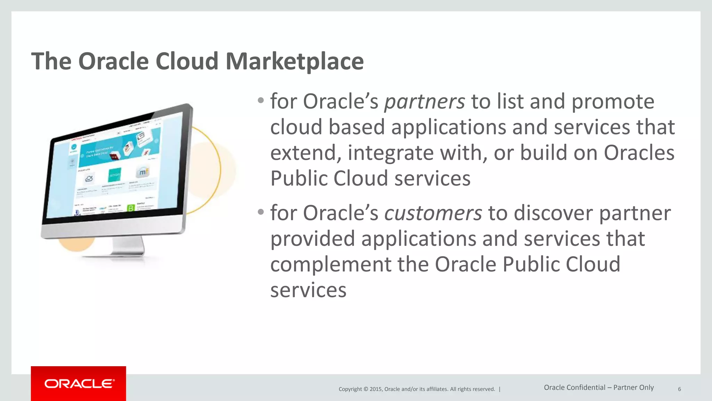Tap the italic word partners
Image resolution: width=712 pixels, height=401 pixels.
[424, 102]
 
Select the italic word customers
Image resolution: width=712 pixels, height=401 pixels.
[433, 213]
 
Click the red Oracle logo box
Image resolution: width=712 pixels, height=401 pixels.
[78, 383]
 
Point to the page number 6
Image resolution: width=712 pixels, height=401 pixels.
[679, 389]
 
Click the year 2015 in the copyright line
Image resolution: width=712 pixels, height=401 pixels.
[376, 389]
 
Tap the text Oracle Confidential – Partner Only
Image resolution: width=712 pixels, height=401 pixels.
[599, 387]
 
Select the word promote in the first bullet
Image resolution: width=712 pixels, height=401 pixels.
[613, 102]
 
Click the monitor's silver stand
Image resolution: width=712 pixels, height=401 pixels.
[128, 246]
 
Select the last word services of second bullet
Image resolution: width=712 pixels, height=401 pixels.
[308, 290]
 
